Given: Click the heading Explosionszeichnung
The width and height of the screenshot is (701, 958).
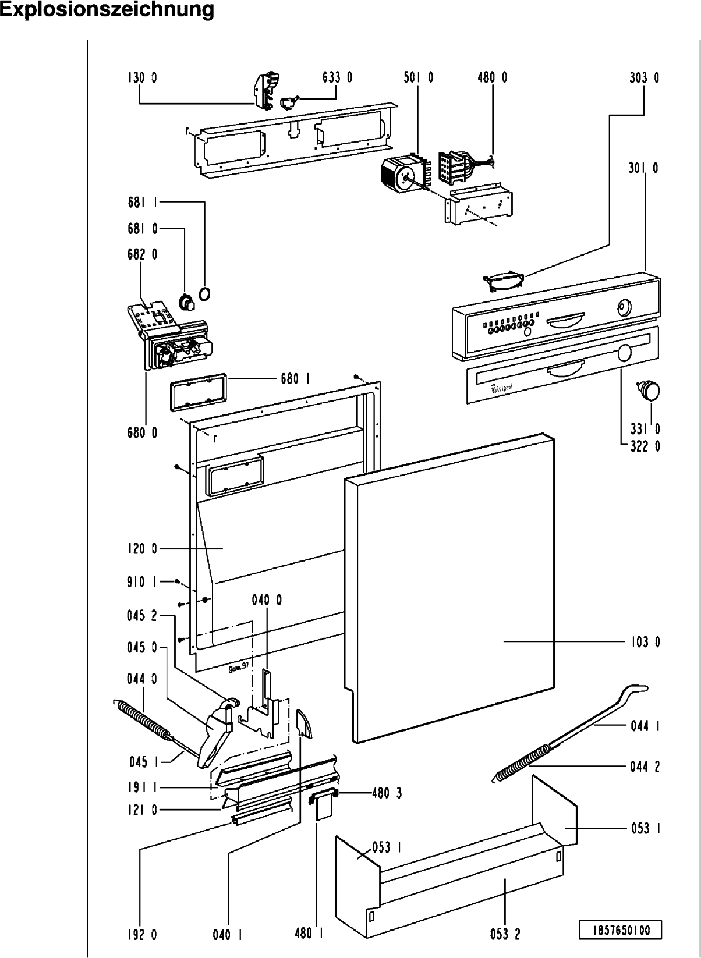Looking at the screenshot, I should (x=107, y=10).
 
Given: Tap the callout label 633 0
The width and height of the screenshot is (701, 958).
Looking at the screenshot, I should (x=337, y=77).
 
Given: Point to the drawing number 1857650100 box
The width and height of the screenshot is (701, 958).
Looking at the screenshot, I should (x=621, y=929).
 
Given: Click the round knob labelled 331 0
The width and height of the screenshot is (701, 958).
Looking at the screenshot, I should (x=649, y=389).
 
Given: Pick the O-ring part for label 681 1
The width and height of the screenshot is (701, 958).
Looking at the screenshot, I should (x=204, y=294).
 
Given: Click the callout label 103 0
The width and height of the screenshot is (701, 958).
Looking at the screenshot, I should (x=645, y=642).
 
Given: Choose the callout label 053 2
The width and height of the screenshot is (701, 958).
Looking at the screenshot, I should (x=505, y=934).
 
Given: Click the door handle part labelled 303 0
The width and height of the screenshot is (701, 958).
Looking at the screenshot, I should (x=504, y=281).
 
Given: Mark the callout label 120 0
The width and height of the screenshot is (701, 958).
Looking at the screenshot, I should (x=142, y=549).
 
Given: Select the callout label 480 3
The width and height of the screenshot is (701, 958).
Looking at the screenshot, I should (x=387, y=793).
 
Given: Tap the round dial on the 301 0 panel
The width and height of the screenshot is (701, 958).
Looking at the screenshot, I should (x=624, y=307).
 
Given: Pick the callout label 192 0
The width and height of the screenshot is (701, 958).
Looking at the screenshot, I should (x=142, y=934).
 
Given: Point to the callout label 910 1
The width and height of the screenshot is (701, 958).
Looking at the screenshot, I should (x=142, y=581).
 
